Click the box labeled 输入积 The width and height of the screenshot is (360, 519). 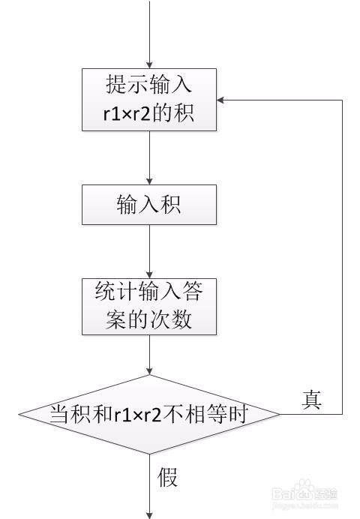click(149, 204)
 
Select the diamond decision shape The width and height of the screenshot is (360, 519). click(149, 413)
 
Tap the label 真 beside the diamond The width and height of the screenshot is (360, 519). click(311, 400)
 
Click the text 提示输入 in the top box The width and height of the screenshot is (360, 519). click(149, 85)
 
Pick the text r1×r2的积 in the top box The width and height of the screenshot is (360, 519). click(149, 114)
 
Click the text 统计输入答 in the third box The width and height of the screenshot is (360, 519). click(149, 292)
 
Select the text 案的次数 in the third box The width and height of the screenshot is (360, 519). click(149, 319)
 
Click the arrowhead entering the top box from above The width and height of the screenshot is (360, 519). click(149, 64)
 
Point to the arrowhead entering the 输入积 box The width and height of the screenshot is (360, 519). click(149, 180)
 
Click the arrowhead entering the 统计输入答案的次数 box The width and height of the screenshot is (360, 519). click(149, 274)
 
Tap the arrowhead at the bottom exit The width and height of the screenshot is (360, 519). click(149, 514)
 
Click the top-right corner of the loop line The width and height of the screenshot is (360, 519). click(342, 100)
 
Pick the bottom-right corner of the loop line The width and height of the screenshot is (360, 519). click(342, 413)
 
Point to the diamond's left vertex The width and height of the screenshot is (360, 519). click(19, 413)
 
